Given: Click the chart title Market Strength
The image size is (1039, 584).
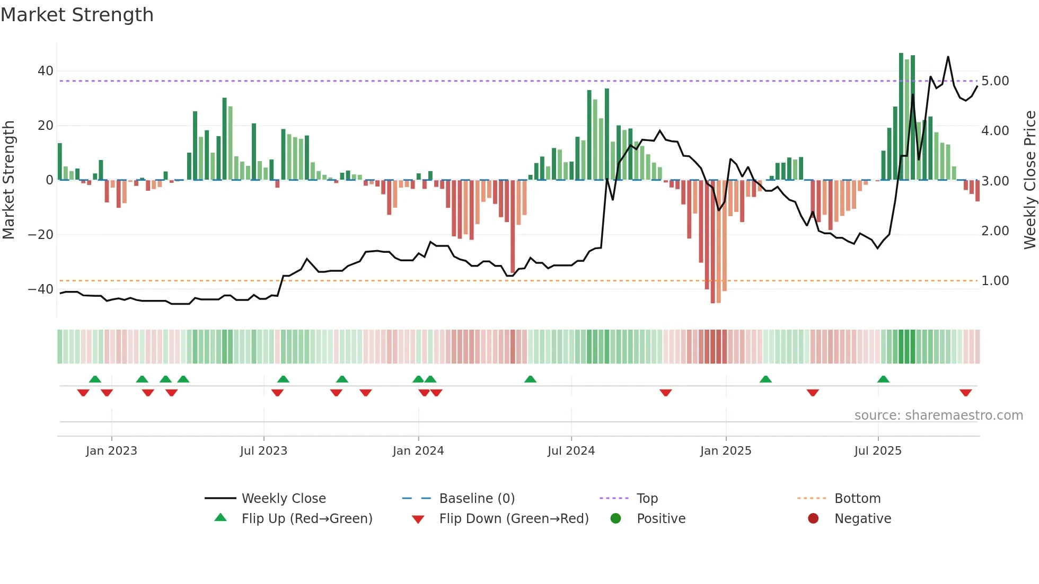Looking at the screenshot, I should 77,15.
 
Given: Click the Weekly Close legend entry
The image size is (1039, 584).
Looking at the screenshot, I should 283,498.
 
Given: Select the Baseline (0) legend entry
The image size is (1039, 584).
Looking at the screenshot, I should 477,498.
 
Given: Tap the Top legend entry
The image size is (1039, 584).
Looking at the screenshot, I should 647,498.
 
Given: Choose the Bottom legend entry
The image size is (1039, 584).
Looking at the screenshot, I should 857,498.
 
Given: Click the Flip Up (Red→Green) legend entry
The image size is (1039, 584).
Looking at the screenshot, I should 306,518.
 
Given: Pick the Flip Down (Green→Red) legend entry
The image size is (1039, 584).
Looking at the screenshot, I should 513,518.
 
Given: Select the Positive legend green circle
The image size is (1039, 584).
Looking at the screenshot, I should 615,518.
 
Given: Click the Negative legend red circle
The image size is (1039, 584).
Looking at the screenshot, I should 813,518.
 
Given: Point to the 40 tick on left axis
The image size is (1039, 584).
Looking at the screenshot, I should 46,71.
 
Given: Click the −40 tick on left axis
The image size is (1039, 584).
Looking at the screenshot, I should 41,289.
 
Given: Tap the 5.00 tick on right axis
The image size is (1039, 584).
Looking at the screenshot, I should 995,81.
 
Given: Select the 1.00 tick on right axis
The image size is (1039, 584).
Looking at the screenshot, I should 995,281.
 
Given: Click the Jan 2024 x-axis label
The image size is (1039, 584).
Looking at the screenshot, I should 418,451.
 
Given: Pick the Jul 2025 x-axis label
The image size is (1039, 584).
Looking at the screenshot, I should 878,451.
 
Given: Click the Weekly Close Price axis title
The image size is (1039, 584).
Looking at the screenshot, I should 1029,180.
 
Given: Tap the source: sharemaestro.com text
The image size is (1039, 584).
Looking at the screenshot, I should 938,415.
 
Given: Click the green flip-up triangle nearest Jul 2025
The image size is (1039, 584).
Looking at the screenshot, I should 883,379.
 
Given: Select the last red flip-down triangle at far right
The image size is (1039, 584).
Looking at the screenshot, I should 965,393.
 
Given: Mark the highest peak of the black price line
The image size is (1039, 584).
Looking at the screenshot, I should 948,57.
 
